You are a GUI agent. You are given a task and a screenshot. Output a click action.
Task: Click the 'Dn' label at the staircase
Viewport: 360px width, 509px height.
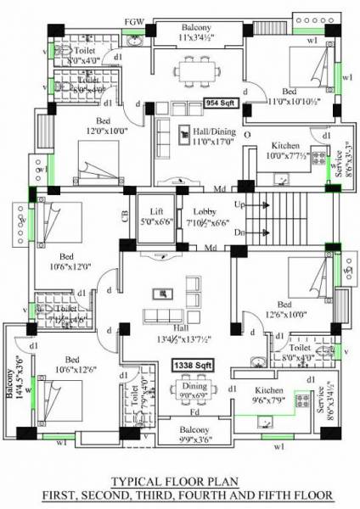click(x=240, y=231)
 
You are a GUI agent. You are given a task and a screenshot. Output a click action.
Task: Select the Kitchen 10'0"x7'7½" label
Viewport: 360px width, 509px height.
click(x=287, y=151)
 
